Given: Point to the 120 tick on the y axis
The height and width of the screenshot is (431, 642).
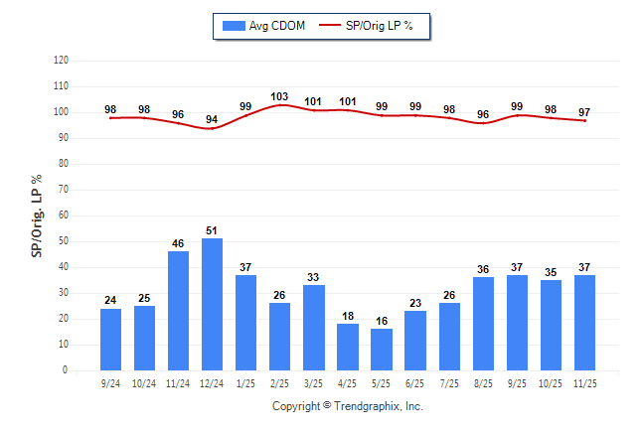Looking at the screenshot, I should (61, 61).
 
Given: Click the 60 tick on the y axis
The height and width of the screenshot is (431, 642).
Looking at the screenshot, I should (63, 215).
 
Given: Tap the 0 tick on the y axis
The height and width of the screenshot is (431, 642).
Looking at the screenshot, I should (66, 370).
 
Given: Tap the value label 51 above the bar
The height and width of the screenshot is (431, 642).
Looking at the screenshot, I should (212, 230).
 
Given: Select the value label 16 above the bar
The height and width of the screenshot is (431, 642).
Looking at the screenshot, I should (382, 321).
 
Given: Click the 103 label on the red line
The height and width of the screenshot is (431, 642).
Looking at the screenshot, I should (279, 96).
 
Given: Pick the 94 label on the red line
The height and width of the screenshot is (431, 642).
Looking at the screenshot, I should (212, 119).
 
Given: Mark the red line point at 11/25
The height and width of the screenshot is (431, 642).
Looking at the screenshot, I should (584, 120).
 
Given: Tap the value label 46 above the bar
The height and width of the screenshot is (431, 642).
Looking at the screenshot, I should (178, 243).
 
